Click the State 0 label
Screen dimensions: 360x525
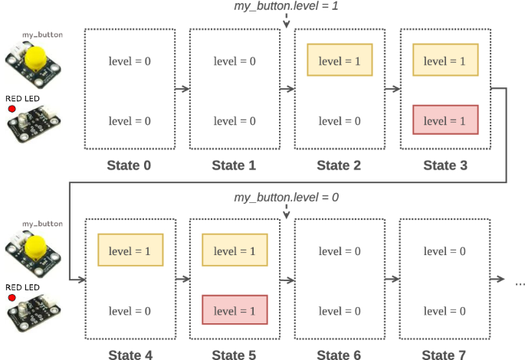[x=129, y=165]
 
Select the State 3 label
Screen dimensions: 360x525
[x=445, y=165]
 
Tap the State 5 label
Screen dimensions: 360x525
[x=234, y=354]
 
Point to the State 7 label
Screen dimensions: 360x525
[x=445, y=354]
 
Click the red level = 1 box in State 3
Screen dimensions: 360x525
[x=445, y=120]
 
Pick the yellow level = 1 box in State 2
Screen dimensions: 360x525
[x=340, y=61]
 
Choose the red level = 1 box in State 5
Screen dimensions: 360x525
[x=235, y=310]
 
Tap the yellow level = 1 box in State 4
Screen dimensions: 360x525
[x=130, y=250]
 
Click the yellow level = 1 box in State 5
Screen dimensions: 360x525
[x=235, y=250]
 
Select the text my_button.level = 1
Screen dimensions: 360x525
[x=286, y=7]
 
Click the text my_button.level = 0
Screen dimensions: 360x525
[x=286, y=198]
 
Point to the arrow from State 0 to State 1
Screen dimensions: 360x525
[x=182, y=90]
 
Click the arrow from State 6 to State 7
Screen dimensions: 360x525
[x=392, y=280]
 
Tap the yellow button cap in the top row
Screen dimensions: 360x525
[x=35, y=58]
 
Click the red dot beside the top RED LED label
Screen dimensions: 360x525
[x=11, y=110]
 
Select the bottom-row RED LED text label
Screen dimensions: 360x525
[x=22, y=287]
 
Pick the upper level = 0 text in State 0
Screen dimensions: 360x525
[x=130, y=61]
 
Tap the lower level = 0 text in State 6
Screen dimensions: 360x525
[x=340, y=310]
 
